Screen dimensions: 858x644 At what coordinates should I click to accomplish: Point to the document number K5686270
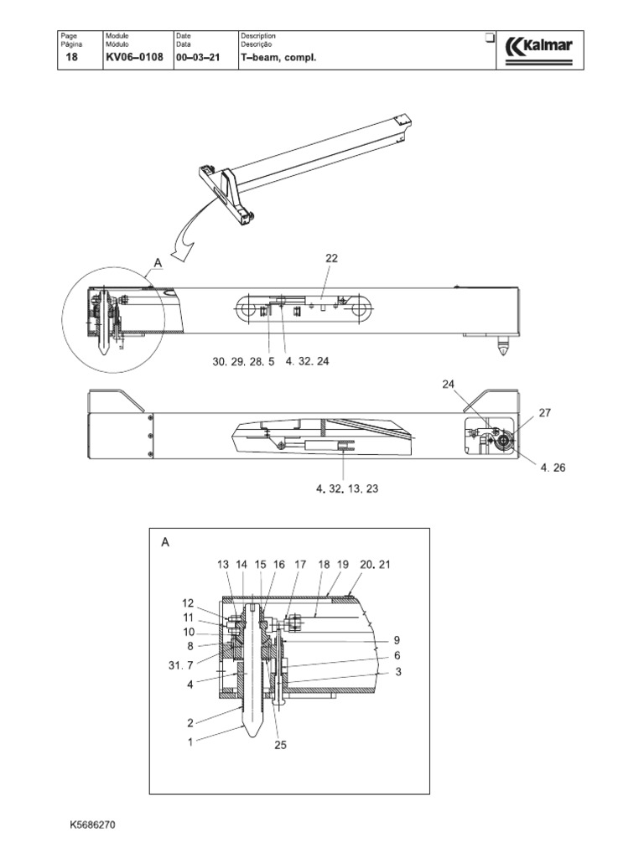(x=92, y=824)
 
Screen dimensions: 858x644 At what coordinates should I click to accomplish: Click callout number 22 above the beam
(x=331, y=259)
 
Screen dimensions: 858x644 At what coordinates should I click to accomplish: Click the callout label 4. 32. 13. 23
(x=347, y=488)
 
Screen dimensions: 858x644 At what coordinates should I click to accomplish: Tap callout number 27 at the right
(x=545, y=412)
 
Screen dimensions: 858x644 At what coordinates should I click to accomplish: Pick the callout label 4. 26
(x=553, y=468)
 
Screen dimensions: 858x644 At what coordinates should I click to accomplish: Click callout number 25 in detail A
(x=281, y=744)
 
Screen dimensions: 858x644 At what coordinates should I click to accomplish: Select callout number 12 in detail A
(x=188, y=602)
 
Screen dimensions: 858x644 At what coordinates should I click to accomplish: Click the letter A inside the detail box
(x=166, y=542)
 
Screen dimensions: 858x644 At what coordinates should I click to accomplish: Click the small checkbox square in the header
(x=490, y=39)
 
